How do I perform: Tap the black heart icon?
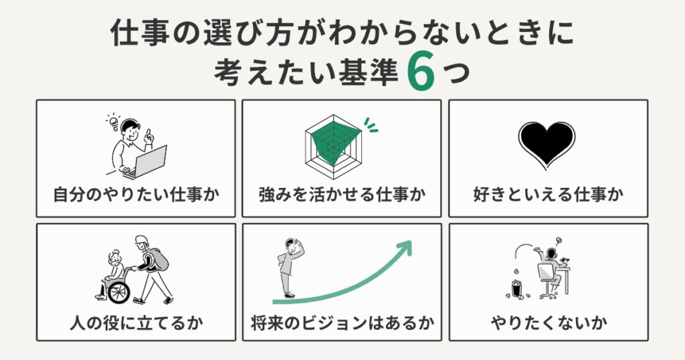(x=547, y=144)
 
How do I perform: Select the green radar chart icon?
(x=332, y=142)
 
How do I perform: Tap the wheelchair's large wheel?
(x=118, y=292)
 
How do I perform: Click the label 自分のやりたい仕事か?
(x=136, y=195)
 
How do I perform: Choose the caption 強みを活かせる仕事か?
(x=342, y=195)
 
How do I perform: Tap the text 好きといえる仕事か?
(x=548, y=195)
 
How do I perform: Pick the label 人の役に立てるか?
(x=136, y=324)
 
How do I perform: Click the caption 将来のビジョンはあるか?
(x=342, y=324)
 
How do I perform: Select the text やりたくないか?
(x=548, y=324)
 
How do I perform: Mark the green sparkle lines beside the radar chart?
(x=370, y=124)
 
